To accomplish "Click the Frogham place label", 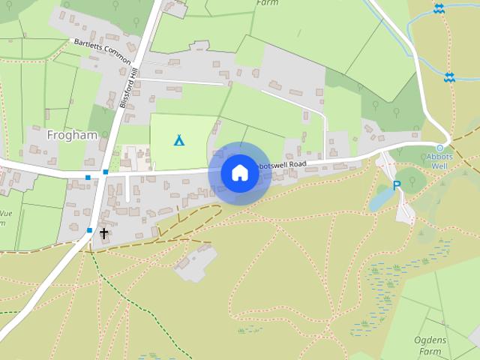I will pos(72,136).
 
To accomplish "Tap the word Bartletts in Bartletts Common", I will pos(88,46).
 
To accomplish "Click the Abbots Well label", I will pos(439,160).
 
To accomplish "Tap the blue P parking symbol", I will pos(397,185).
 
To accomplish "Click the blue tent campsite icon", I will pos(179,140).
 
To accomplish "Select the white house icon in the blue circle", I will pos(240,172).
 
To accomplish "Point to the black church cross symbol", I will pos(103,233).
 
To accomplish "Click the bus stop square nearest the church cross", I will pos(89,230).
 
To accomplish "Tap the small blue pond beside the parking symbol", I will pos(380,199).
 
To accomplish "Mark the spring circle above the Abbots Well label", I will pos(440,147).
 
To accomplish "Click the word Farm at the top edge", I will pos(267,3).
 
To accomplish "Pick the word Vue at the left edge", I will pos(6,214).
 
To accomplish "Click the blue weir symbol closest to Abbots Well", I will pos(449,76).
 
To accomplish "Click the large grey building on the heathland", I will pos(193,263).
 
